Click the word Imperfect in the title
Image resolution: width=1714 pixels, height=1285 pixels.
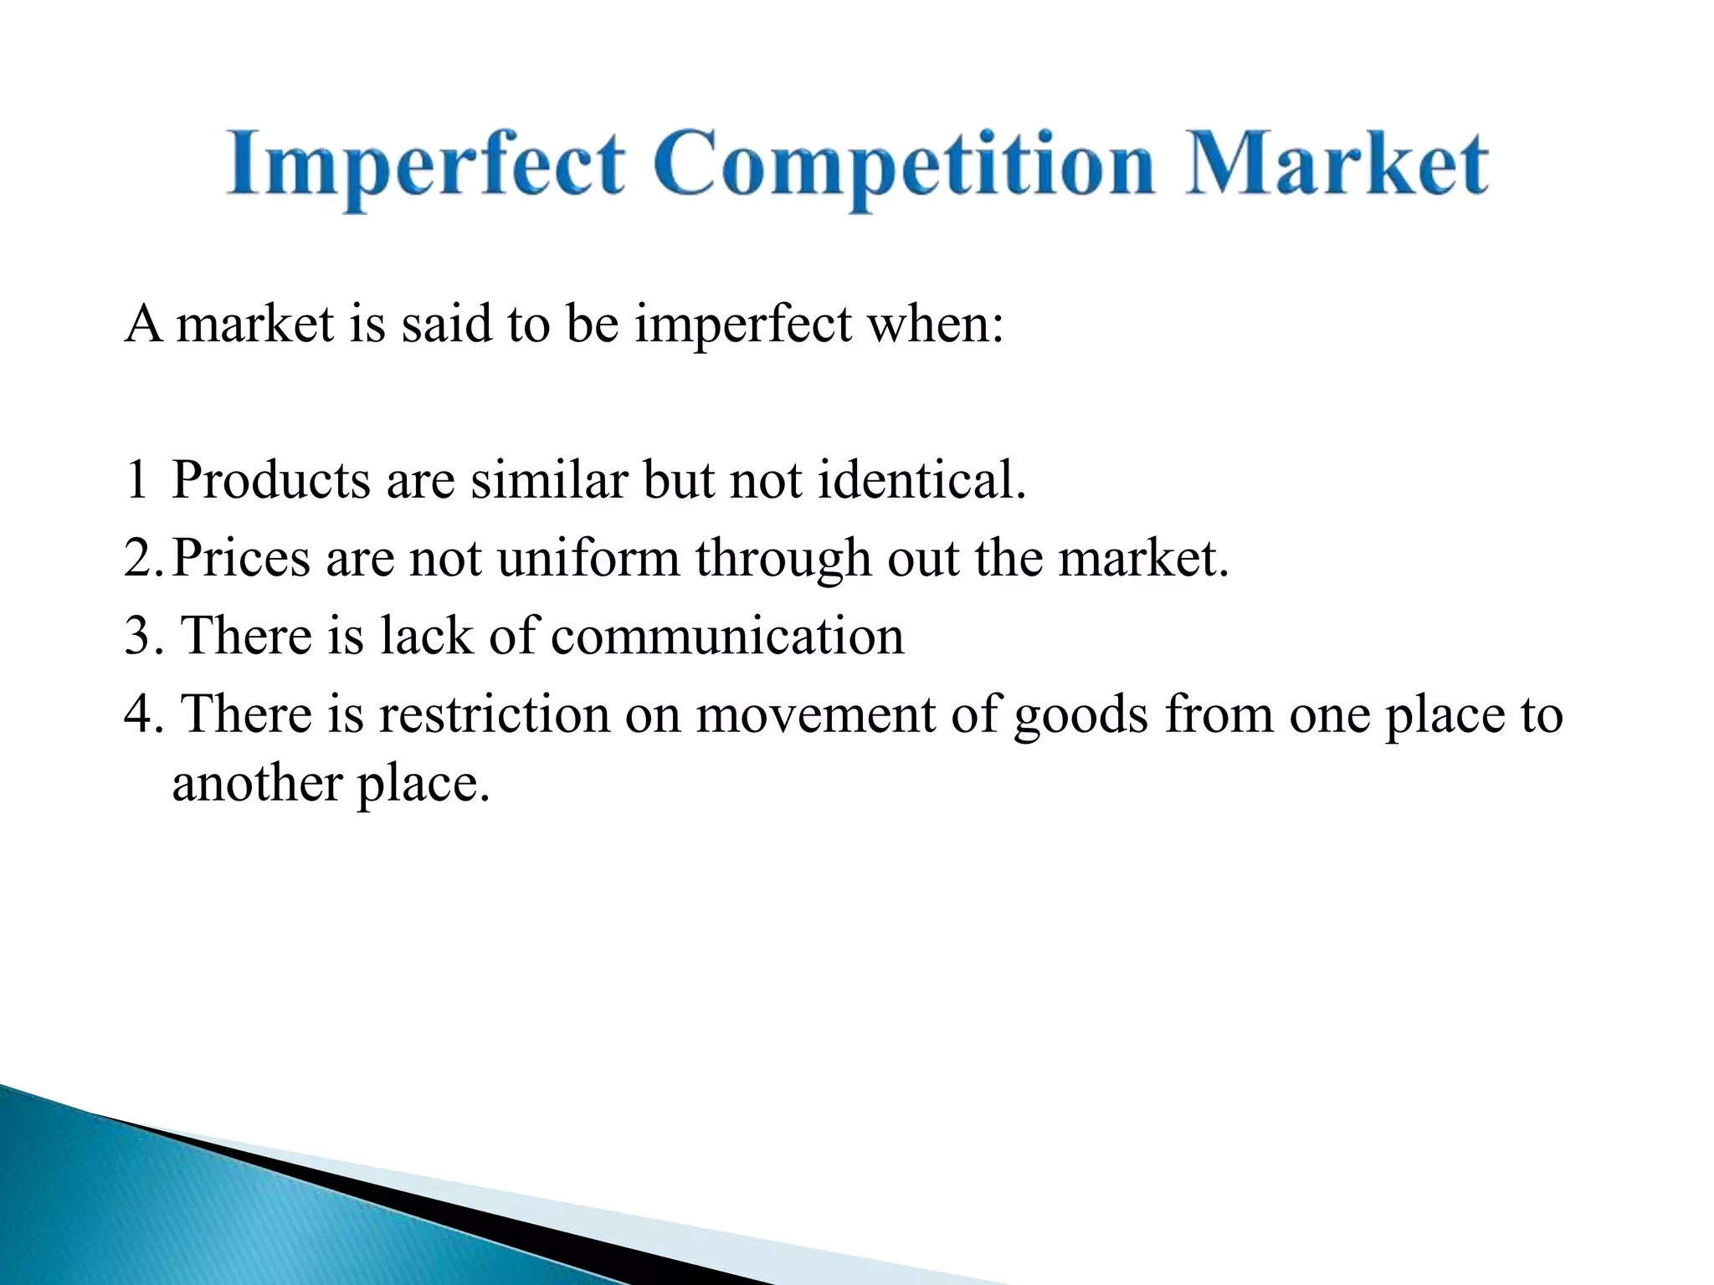coord(425,165)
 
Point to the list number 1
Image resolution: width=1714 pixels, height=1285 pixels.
coord(136,481)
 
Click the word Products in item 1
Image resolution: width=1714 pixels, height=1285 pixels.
coord(271,481)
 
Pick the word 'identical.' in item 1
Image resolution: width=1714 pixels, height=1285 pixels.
coord(921,481)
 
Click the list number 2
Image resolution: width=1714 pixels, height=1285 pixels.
coord(141,559)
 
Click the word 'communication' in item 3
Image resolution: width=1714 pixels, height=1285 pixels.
coord(727,636)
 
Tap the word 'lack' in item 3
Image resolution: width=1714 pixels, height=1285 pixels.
coord(426,636)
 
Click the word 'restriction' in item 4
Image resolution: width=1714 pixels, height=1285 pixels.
coord(495,715)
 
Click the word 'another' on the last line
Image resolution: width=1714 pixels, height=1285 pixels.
coord(257,785)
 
